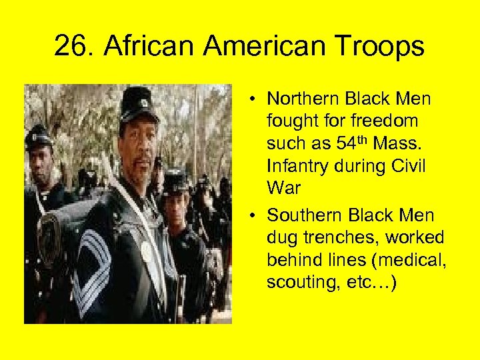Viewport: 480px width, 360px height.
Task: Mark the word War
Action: (x=283, y=187)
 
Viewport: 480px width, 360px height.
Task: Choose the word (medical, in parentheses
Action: (x=408, y=261)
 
